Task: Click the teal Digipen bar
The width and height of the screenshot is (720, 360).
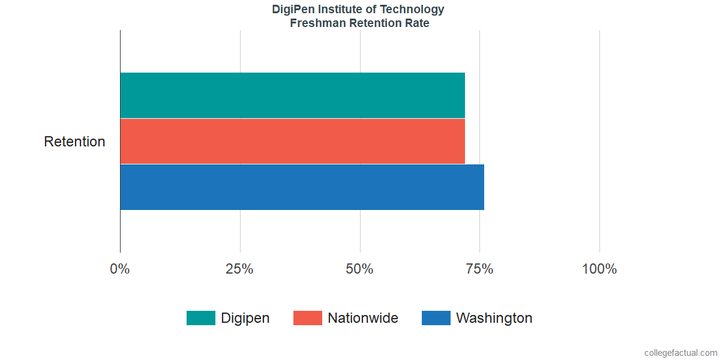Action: click(292, 95)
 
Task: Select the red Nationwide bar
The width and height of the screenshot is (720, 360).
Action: click(292, 141)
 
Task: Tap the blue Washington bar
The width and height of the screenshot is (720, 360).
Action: click(302, 187)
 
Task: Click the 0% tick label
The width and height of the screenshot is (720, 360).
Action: click(120, 269)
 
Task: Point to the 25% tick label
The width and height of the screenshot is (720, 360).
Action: click(239, 269)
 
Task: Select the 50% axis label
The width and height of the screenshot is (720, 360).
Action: click(359, 269)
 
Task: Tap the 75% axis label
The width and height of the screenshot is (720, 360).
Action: click(479, 269)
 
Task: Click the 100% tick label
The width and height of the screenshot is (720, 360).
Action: click(599, 269)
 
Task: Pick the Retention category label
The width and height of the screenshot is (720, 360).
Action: click(74, 142)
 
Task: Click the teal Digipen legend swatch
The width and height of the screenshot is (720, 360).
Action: click(200, 318)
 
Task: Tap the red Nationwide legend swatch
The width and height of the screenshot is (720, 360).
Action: click(307, 318)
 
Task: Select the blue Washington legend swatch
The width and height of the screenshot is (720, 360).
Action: click(436, 318)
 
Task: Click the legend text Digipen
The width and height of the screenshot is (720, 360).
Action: click(245, 318)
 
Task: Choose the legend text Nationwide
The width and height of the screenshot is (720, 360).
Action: click(362, 318)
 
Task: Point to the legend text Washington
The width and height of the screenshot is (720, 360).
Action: click(494, 318)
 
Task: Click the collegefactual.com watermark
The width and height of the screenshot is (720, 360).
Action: click(680, 353)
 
